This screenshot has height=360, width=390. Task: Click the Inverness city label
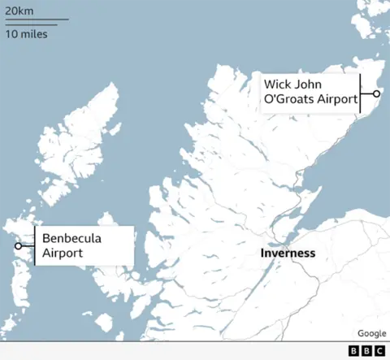point(288,254)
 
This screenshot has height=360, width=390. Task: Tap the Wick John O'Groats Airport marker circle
point(376,93)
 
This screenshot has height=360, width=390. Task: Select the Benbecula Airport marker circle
point(18,245)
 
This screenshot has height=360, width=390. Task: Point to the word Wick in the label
point(277,84)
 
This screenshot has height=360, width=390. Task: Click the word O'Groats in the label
point(289,100)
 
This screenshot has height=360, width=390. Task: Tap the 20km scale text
point(19,10)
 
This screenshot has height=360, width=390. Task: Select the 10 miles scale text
point(26,34)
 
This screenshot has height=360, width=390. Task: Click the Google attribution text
point(371,333)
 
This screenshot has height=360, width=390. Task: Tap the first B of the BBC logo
point(354,350)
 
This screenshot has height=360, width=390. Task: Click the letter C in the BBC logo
point(379,350)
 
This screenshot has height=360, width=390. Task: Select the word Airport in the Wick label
point(338,100)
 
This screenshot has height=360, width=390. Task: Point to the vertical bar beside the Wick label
point(360,93)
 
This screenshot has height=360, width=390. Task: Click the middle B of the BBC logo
point(366,350)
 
